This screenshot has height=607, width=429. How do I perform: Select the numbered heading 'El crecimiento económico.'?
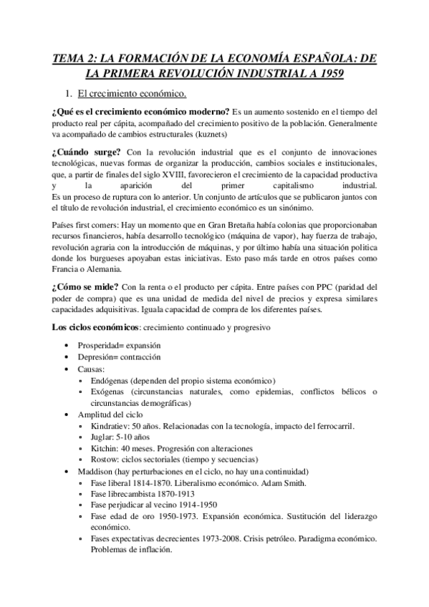point(132,94)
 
